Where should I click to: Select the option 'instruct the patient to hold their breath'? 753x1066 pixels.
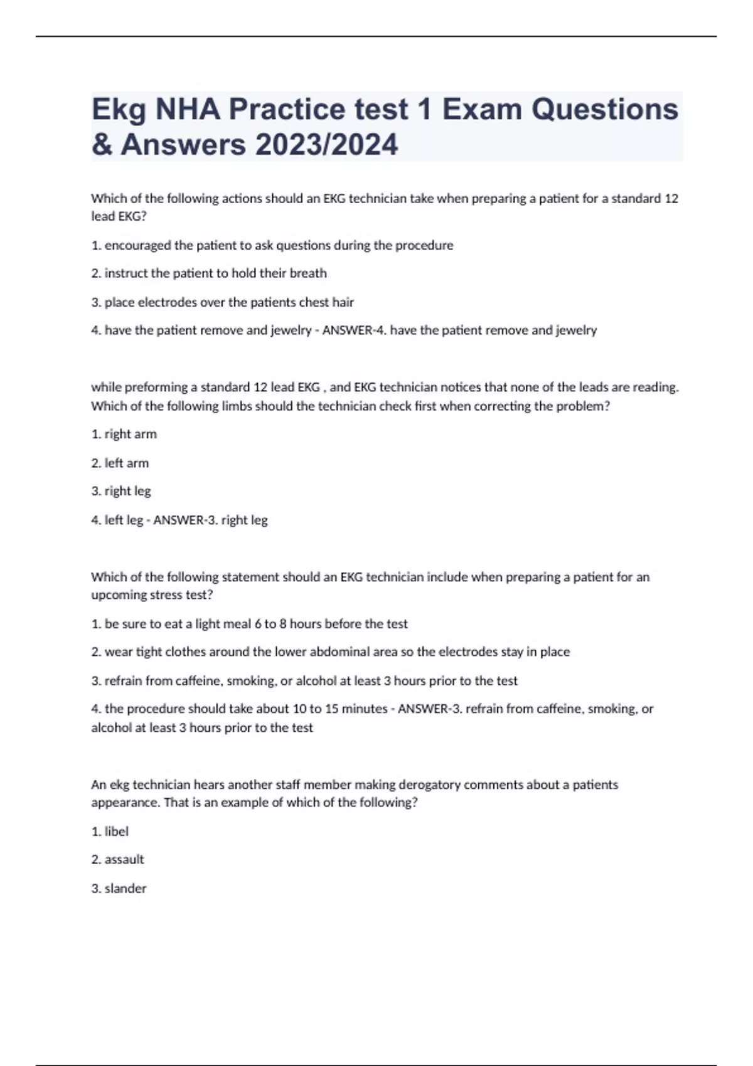pyautogui.click(x=209, y=273)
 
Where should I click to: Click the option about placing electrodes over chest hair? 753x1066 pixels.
pyautogui.click(x=223, y=302)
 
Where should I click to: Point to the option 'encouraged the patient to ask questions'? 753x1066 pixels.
pyautogui.click(x=272, y=245)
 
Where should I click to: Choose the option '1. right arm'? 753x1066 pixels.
pyautogui.click(x=124, y=434)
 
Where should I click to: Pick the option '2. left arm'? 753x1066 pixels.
pyautogui.click(x=120, y=463)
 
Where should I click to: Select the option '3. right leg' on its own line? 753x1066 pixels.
pyautogui.click(x=121, y=491)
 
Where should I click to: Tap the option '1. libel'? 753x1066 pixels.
pyautogui.click(x=110, y=831)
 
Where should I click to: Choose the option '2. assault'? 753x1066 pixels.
pyautogui.click(x=117, y=860)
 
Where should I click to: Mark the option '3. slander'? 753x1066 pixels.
pyautogui.click(x=119, y=889)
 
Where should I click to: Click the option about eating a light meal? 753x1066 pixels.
pyautogui.click(x=250, y=624)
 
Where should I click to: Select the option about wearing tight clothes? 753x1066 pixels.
pyautogui.click(x=331, y=652)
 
